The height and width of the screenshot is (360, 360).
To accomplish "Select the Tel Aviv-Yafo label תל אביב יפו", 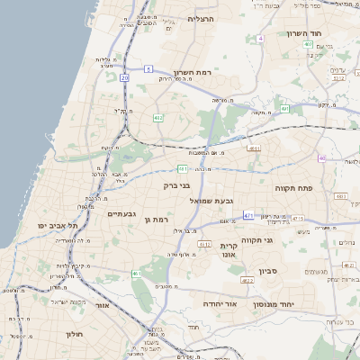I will (x=58, y=224).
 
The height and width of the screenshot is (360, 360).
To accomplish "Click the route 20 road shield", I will (x=124, y=78).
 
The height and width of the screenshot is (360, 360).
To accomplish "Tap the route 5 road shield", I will (x=148, y=67).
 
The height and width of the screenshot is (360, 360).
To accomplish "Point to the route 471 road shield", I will (x=249, y=216).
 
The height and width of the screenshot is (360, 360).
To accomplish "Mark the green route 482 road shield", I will (x=158, y=118).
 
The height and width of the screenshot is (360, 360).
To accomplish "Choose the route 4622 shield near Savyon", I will (x=247, y=280).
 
